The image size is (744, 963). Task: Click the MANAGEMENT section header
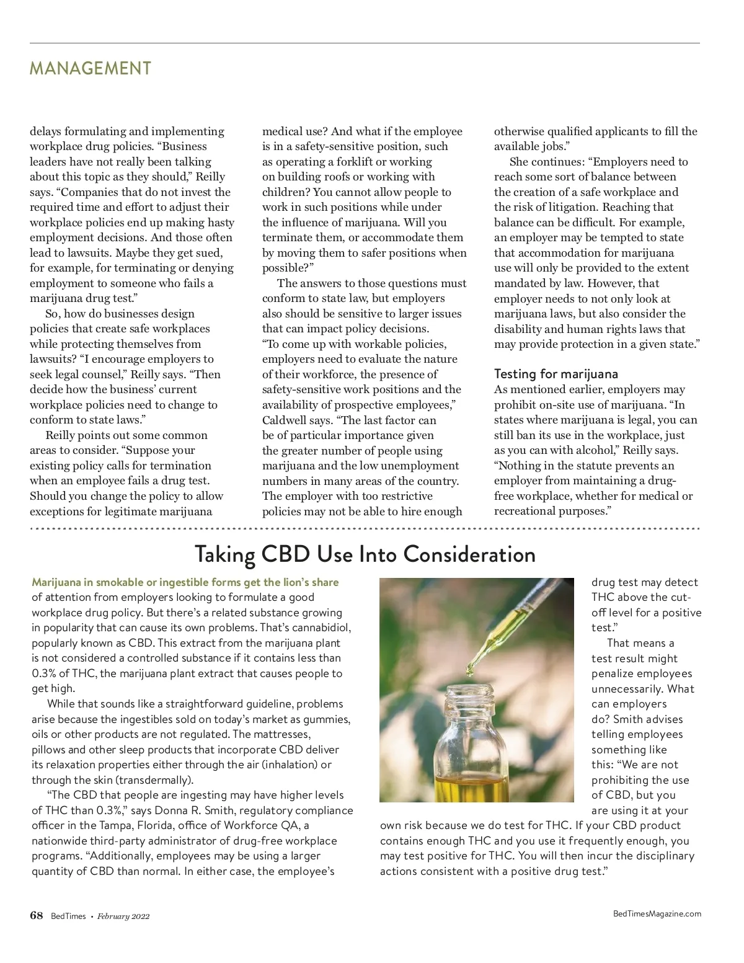(90, 68)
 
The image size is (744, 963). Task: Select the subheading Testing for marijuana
(556, 374)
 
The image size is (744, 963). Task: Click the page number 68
(37, 916)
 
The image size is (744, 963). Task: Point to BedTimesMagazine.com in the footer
(657, 913)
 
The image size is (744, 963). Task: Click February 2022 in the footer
(123, 916)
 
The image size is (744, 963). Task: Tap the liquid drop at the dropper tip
(469, 669)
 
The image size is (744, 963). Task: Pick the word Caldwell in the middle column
(283, 420)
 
